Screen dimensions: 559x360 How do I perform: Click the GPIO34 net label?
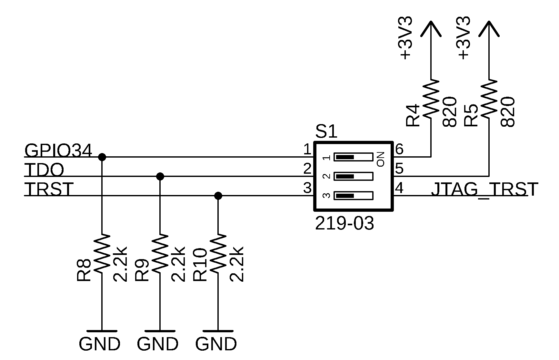coord(58,150)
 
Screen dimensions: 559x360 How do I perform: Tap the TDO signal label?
coord(44,170)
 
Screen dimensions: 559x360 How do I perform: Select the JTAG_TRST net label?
coord(484,190)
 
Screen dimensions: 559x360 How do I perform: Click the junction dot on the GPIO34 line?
coord(102,157)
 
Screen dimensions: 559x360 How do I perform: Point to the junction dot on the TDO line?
coord(160,176)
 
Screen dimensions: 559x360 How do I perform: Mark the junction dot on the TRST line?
coord(218,196)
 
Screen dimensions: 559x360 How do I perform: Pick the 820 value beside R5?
coord(508,112)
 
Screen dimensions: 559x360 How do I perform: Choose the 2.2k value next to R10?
coord(236,264)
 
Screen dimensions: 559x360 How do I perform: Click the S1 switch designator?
coord(326,132)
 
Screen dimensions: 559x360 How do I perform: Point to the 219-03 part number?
coord(344,223)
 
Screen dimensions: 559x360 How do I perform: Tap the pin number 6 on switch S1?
coord(399,149)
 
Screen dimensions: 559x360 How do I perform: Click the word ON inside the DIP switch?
coord(381,159)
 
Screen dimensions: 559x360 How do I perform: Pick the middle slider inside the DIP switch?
coord(354,176)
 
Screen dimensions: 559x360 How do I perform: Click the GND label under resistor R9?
coord(157,344)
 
